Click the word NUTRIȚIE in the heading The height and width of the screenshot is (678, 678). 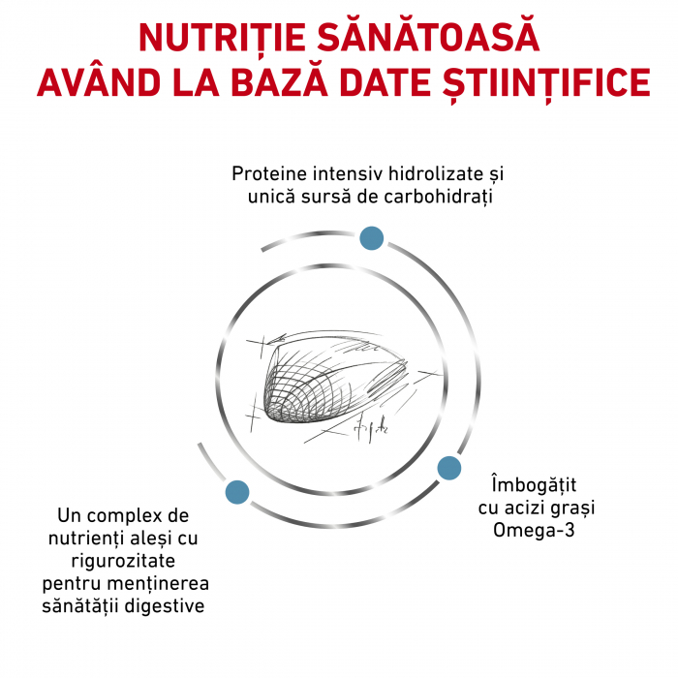[222, 38]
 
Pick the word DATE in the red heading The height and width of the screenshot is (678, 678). [385, 81]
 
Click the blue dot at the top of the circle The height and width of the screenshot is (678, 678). [371, 238]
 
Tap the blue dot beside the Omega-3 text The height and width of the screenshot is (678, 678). [448, 468]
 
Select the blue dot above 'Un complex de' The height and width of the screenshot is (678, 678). [237, 492]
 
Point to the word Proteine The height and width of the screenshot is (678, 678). [270, 173]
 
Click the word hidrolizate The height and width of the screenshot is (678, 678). [436, 173]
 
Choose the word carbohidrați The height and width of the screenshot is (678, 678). [438, 198]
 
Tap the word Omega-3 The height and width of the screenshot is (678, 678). [534, 530]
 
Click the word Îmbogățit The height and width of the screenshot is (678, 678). [534, 484]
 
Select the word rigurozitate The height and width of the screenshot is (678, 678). [123, 562]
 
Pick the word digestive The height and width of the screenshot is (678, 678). [165, 606]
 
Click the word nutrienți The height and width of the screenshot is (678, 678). [85, 539]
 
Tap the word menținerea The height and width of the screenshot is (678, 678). [158, 584]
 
